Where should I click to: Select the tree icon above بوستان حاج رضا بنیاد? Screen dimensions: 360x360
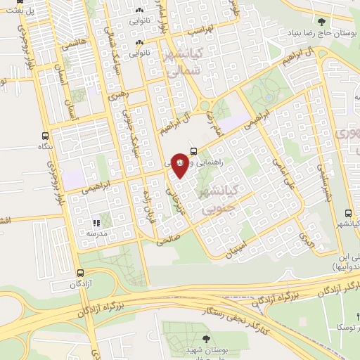[321, 22]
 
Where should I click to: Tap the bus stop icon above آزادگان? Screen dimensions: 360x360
[80, 273]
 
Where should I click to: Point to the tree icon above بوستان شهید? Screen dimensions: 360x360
[205, 340]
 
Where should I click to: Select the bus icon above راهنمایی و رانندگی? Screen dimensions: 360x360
[193, 150]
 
